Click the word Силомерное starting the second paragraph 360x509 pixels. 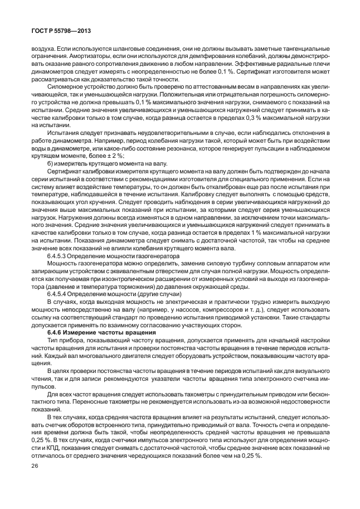coord(64,88)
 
